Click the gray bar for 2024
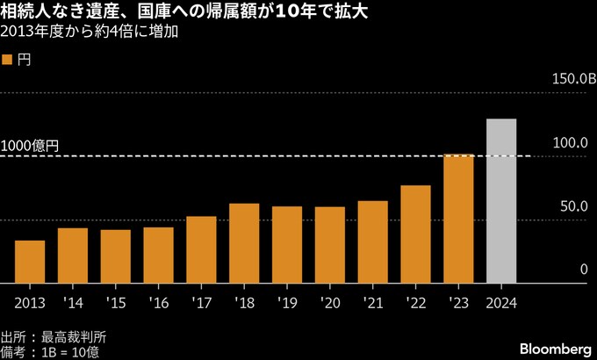[x=501, y=201]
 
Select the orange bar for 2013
[x=30, y=262]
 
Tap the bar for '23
[x=458, y=219]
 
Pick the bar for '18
[x=244, y=243]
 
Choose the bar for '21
[x=372, y=241]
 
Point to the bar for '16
[x=158, y=255]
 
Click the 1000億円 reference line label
[x=31, y=147]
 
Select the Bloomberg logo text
[x=555, y=346]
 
